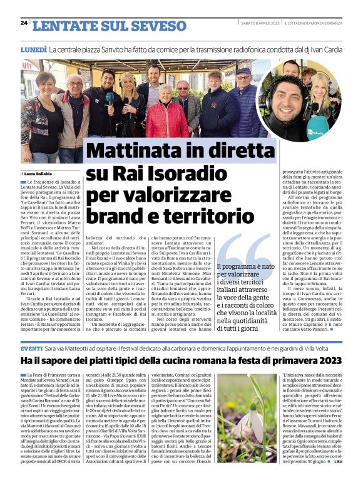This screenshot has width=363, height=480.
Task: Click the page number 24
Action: [x=24, y=23]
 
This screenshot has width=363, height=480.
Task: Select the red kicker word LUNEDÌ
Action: [x=34, y=48]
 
